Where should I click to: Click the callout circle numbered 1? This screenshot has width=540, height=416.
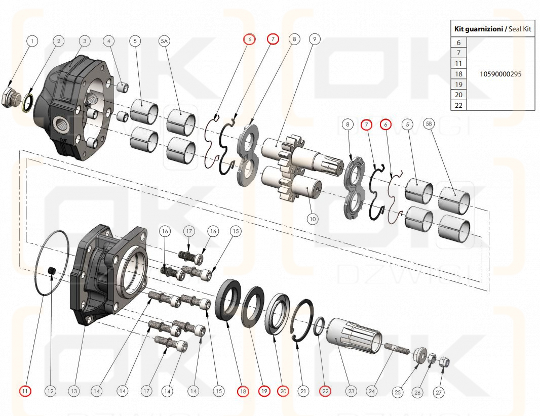click(32, 40)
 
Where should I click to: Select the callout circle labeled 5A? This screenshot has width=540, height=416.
click(164, 40)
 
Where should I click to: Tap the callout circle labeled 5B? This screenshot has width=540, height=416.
click(429, 124)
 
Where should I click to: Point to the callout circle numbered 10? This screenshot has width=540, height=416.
click(313, 219)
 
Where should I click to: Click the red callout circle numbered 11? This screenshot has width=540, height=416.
click(25, 391)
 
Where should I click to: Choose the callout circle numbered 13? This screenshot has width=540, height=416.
click(74, 391)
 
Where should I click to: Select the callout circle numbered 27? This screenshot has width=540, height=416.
click(439, 391)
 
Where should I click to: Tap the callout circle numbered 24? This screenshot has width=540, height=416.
click(372, 391)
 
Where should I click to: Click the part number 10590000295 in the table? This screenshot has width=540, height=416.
click(500, 74)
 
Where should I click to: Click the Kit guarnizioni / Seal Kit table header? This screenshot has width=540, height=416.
click(492, 29)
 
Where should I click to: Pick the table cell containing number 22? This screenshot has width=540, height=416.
click(458, 105)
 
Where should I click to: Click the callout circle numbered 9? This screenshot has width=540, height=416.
click(315, 39)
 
